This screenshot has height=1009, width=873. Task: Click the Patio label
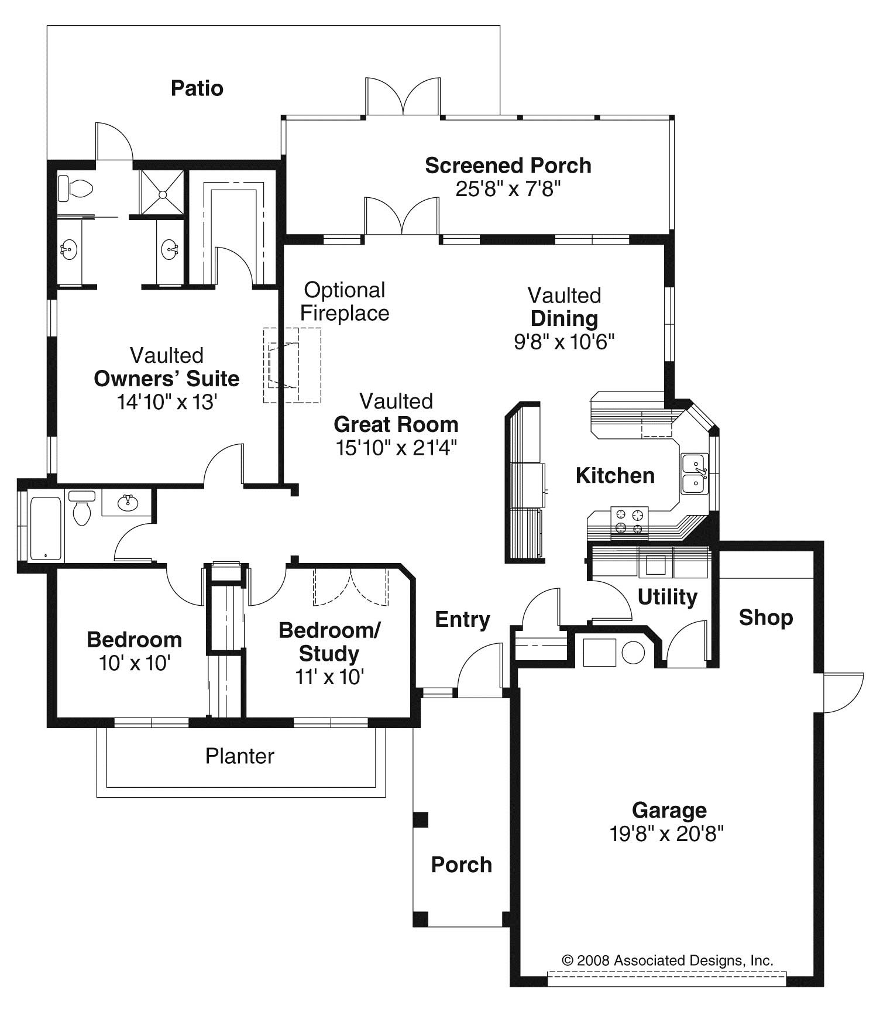pos(197,88)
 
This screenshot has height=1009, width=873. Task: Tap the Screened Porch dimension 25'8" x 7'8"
pos(508,189)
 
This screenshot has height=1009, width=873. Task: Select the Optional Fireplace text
pos(345,302)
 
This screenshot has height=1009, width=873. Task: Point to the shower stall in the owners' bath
pos(162,192)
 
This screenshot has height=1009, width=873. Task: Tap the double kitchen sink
pos(695,473)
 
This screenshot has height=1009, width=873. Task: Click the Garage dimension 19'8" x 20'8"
pos(667,833)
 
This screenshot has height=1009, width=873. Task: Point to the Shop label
pos(765,617)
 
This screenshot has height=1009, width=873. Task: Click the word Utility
pos(667,597)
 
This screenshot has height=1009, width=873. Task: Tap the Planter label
pos(240,756)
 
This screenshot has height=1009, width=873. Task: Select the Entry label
pos(462,619)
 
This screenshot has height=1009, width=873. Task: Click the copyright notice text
pos(667,960)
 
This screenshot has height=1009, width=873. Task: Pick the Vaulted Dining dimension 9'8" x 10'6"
pos(564,342)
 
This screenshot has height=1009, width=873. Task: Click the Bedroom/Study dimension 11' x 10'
pos(329,677)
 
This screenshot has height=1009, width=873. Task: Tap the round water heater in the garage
pos(633,653)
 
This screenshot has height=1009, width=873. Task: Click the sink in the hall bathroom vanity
pos(127,502)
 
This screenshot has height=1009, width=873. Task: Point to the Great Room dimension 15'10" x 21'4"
pos(396,448)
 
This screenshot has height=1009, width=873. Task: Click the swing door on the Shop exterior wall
pos(843,693)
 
